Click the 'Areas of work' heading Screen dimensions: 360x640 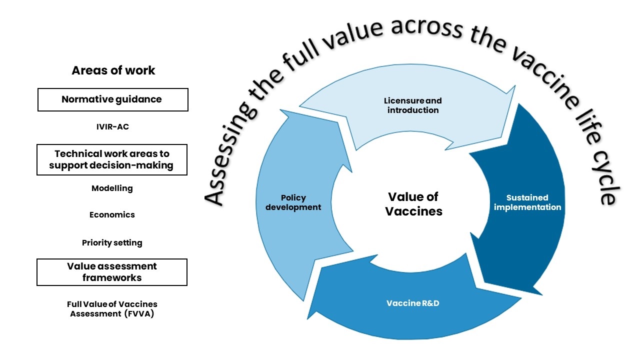point(113,70)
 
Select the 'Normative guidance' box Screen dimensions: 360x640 point(112,99)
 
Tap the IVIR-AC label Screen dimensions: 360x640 point(112,127)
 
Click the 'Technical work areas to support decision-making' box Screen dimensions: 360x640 point(112,160)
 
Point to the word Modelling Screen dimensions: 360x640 point(112,188)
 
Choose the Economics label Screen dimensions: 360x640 point(112,215)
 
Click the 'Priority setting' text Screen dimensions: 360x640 point(112,243)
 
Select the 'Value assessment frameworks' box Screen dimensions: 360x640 point(112,272)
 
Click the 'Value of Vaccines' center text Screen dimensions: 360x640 point(413,204)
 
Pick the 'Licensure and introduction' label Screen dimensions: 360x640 point(413,105)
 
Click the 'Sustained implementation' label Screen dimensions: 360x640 point(527,202)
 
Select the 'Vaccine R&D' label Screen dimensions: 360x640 point(412,303)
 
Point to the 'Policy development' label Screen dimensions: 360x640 point(293,202)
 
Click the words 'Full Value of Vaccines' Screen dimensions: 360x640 point(112,304)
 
